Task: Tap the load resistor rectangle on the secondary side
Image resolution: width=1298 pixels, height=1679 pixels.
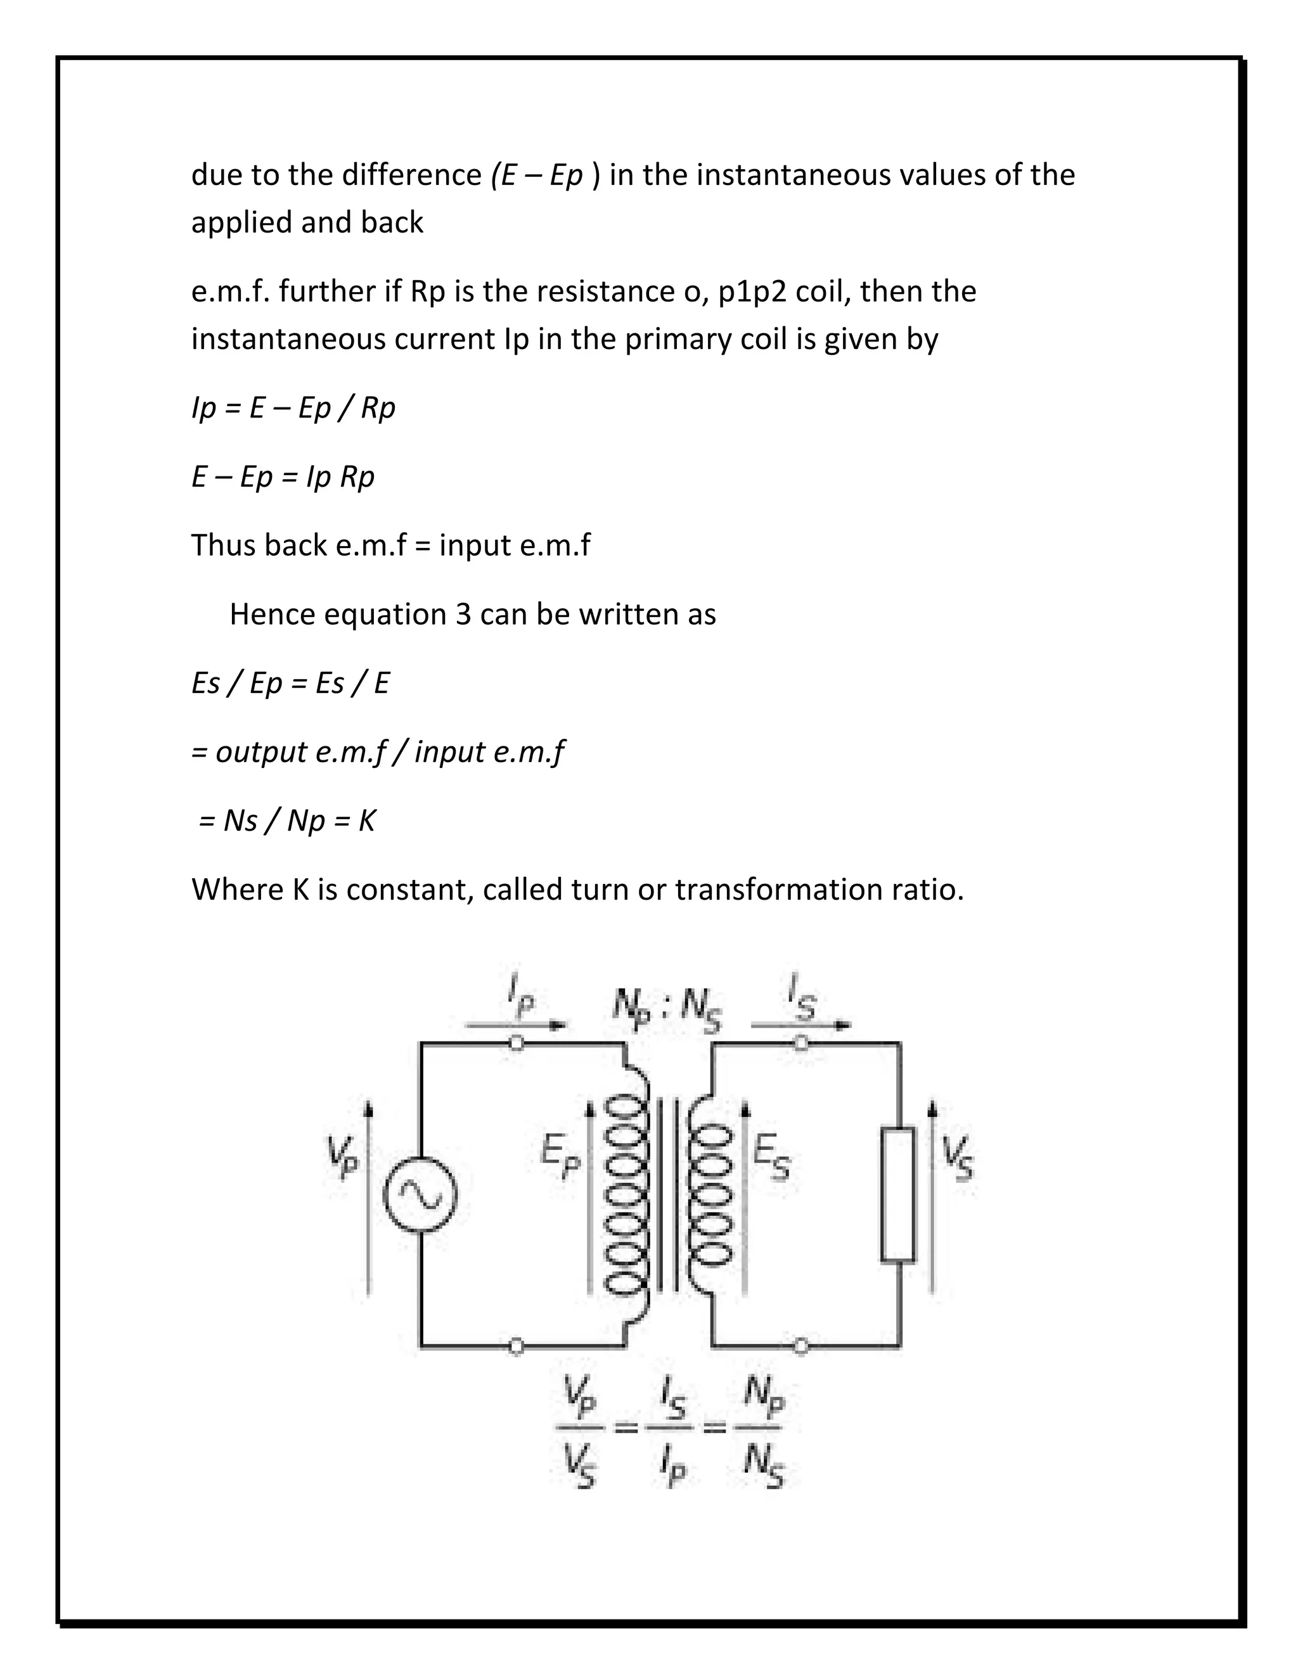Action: click(897, 1194)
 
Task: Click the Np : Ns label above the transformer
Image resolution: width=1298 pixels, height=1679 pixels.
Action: click(667, 1007)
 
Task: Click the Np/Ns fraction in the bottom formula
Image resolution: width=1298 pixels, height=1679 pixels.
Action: click(763, 1430)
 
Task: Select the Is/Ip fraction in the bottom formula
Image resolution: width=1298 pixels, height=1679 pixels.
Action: click(674, 1430)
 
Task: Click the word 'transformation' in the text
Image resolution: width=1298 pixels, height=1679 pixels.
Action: click(778, 890)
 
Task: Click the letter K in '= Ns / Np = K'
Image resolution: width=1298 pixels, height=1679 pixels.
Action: click(367, 821)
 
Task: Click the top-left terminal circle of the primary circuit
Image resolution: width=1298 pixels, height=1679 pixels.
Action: click(517, 1044)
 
